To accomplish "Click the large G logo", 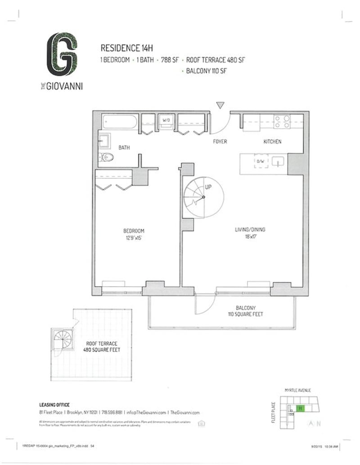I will [62, 53].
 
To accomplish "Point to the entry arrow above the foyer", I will [220, 105].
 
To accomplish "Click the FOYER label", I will [220, 142].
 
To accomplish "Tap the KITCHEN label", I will [272, 142].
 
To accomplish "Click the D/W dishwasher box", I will [260, 161].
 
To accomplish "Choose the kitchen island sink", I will [279, 161].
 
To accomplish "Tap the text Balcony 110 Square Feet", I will [245, 311].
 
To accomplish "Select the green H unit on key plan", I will [300, 408].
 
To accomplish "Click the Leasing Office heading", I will [54, 405].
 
